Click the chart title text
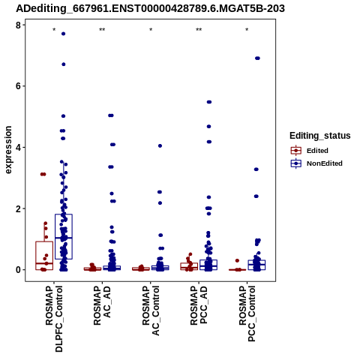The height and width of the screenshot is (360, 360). pos(150,9)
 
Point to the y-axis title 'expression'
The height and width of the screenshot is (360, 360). pos(8,150)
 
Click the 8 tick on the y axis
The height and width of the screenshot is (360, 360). pos(19,25)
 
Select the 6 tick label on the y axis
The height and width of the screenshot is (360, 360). pos(19,86)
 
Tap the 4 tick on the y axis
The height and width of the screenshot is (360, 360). pos(19,147)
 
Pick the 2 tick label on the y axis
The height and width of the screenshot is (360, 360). pos(19,208)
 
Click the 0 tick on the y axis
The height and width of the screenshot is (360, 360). pos(19,270)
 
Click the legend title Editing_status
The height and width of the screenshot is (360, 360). pos(320,136)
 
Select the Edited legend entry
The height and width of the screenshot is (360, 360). pos(309,151)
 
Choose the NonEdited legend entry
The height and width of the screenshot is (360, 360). pos(316,163)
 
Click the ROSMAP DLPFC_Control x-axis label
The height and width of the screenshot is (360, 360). pos(54,319)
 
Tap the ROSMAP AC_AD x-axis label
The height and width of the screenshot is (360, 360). pos(102,305)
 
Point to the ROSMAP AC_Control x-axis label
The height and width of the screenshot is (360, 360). pos(151,310)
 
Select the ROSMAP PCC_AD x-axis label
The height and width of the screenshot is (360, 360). pos(199,305)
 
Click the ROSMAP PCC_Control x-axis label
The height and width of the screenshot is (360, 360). pos(247,313)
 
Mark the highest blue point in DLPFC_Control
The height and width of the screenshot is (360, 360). pos(64,34)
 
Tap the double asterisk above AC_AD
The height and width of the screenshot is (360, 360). pos(102,30)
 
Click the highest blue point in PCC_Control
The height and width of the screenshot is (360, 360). pos(257,58)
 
